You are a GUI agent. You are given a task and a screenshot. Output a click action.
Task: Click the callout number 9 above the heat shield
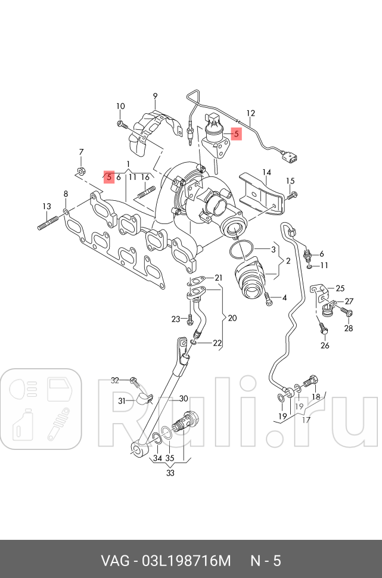(x=154, y=96)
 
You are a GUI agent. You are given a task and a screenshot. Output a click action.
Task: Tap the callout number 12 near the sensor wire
(x=250, y=113)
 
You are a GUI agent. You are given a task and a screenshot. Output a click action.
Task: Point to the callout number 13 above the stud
(x=46, y=206)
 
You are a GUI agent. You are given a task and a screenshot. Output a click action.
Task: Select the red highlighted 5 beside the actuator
(x=236, y=134)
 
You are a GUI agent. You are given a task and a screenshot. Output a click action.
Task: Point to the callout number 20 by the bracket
(x=232, y=318)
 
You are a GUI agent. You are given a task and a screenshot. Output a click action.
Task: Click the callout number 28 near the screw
(x=348, y=328)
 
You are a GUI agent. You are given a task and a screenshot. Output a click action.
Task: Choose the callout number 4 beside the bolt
(x=284, y=297)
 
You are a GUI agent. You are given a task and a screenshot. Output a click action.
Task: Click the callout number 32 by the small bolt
(x=116, y=380)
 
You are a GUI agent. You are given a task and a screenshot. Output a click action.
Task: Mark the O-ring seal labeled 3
(x=244, y=250)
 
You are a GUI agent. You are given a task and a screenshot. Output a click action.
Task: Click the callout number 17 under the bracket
(x=306, y=419)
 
